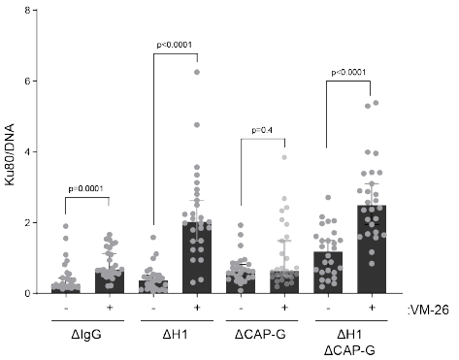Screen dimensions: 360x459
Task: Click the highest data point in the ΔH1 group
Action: tap(198, 72)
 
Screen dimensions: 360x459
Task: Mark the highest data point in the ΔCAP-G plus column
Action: tap(284, 157)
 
